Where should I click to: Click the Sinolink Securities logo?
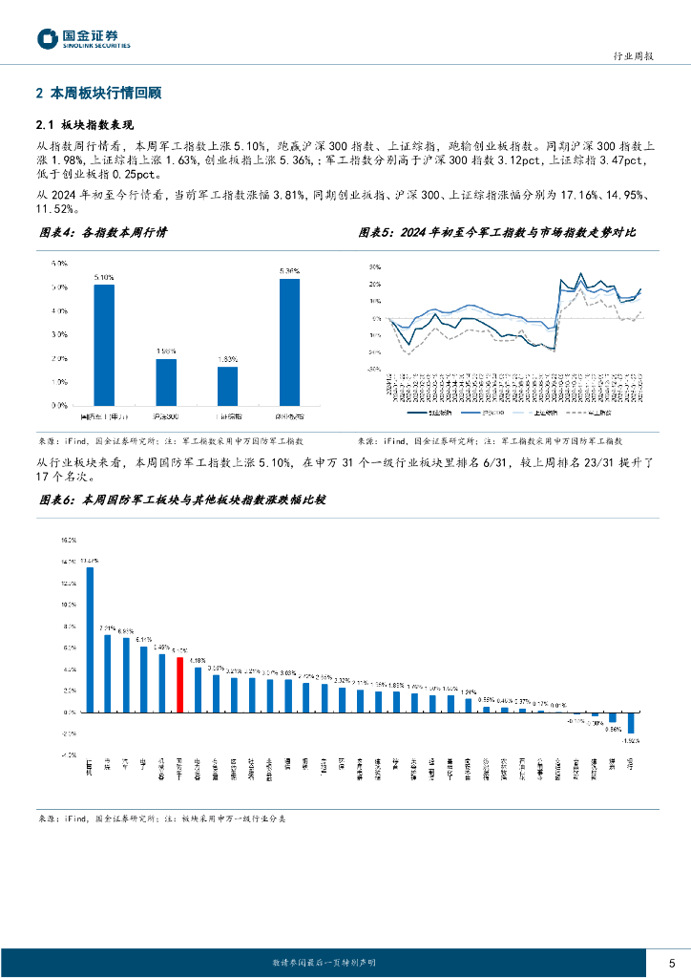point(84,38)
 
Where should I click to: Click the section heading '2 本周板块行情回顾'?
point(98,94)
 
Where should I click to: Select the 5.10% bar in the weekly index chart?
point(104,345)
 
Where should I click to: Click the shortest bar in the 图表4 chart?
point(227,386)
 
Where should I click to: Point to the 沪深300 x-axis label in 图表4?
point(166,417)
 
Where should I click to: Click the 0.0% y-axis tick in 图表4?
point(58,405)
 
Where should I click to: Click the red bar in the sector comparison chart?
point(179,685)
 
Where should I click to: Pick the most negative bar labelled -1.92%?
point(631,722)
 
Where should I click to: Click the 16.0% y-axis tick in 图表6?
point(68,540)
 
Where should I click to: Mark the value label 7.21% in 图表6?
point(108,627)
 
